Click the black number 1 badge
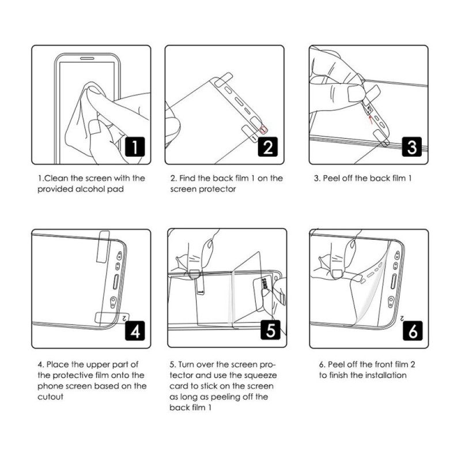(134, 148)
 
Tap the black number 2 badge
(268, 148)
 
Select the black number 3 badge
(411, 148)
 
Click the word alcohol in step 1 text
(95, 188)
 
